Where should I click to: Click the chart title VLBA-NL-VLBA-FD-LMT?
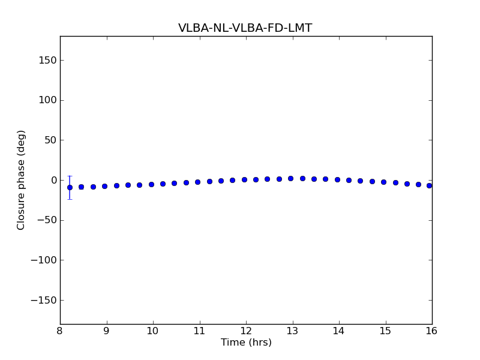[x=245, y=28]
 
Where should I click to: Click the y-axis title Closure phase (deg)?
[x=22, y=180]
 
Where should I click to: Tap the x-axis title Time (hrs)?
[x=246, y=343]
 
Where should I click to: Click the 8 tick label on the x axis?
[x=60, y=331]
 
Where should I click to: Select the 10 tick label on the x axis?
[x=153, y=331]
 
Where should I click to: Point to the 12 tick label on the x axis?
[x=246, y=331]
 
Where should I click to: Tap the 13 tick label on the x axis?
[x=292, y=331]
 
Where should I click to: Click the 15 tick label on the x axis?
[x=385, y=331]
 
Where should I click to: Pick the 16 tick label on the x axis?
[x=431, y=331]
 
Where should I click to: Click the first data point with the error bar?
[x=70, y=187]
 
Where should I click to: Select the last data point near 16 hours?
[x=429, y=185]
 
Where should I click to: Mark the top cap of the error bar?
[x=70, y=176]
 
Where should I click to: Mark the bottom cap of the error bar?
[x=70, y=199]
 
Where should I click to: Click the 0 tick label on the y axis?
[x=52, y=180]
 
